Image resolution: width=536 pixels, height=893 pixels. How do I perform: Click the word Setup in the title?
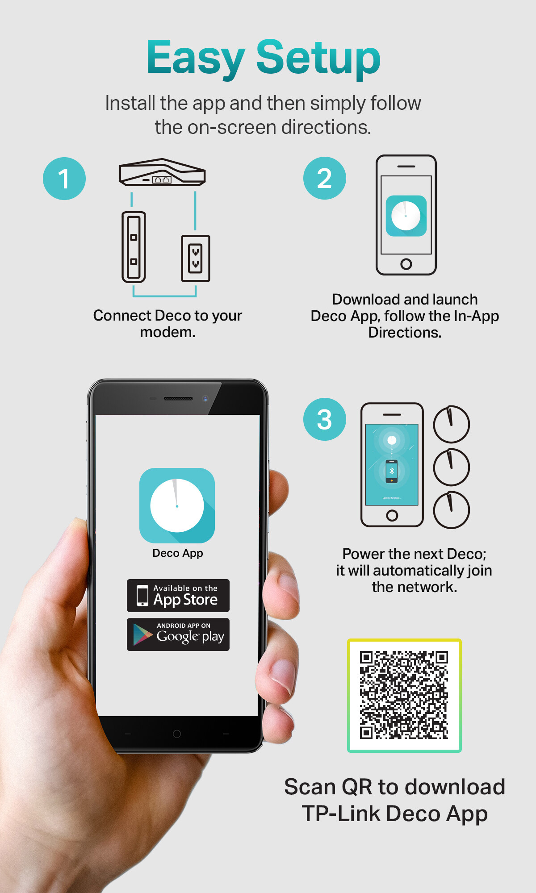coord(318,58)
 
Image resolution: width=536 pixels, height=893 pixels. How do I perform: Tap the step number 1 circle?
coord(64,179)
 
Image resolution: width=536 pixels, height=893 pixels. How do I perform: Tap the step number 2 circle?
coord(325,178)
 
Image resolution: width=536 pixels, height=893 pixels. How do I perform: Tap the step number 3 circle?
coord(325,419)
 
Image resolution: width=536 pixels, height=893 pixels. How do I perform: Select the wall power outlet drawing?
coord(196,259)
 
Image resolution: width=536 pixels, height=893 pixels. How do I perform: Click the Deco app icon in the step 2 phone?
coord(406,216)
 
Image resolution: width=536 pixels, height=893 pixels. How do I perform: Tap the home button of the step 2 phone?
coord(406,264)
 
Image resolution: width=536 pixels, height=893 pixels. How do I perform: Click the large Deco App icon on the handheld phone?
coord(177,505)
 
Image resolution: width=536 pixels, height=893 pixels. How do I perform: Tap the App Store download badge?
coord(178,596)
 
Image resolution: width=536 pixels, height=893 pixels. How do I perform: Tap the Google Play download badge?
coord(178,634)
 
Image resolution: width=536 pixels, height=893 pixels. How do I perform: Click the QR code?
coord(404,696)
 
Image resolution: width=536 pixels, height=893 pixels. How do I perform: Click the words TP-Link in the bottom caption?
coord(341,814)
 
